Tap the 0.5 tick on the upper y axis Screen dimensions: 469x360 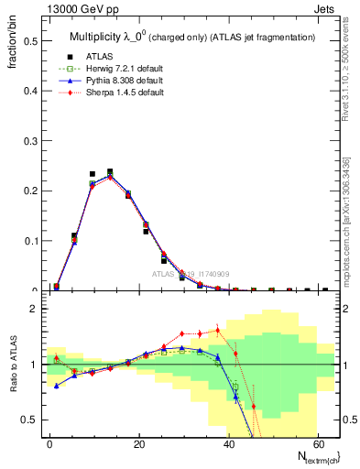29,41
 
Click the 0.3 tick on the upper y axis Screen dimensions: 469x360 29,141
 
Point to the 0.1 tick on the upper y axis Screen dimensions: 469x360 29,241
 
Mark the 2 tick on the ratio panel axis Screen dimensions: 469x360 33,309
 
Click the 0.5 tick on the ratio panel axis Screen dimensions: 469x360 29,420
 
